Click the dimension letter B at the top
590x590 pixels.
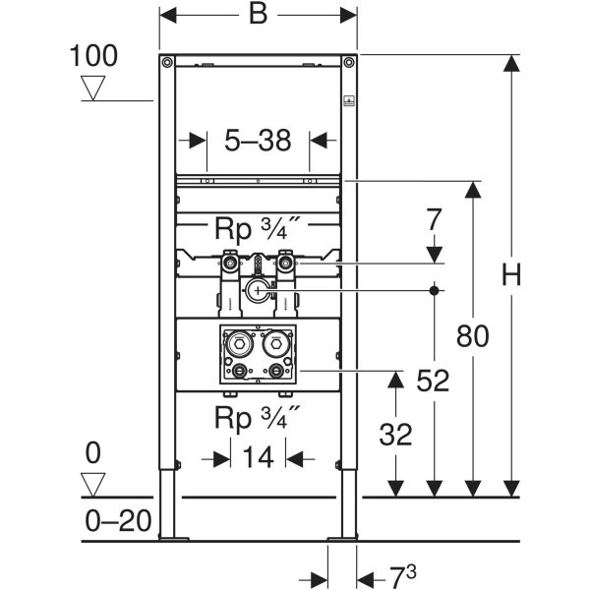click(x=258, y=16)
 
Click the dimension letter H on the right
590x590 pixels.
click(x=510, y=276)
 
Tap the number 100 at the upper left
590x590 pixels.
click(x=93, y=55)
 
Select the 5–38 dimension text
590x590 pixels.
click(x=258, y=142)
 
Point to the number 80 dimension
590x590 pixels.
click(x=474, y=336)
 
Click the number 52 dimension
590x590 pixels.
click(x=433, y=380)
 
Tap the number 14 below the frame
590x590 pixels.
click(x=259, y=458)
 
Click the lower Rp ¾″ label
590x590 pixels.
click(x=257, y=418)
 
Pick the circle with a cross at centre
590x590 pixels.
click(x=259, y=290)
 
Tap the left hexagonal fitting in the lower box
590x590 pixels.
click(x=238, y=346)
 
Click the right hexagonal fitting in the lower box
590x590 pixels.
click(x=276, y=346)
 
